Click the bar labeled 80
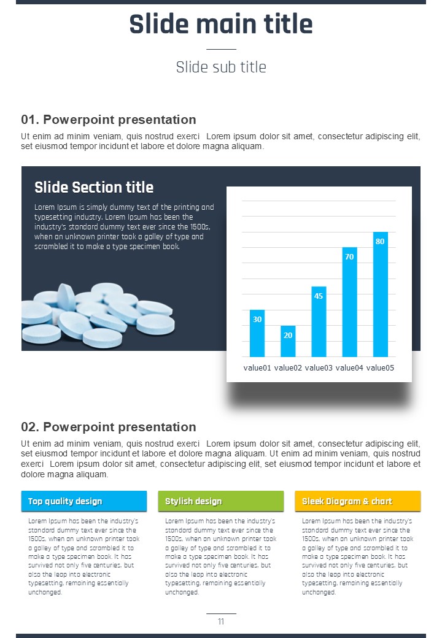coord(380,294)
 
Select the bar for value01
coord(257,333)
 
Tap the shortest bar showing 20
coord(288,341)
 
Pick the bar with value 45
coord(319,321)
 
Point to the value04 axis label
coord(349,368)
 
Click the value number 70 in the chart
coord(349,257)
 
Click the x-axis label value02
coord(288,368)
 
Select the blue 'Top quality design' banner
coord(84,501)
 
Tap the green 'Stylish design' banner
coord(220,501)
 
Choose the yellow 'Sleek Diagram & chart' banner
coord(358,501)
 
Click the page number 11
coord(221,621)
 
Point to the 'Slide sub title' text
coord(221,67)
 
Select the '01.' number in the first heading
coord(30,120)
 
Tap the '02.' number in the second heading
coord(30,427)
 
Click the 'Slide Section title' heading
coord(94,187)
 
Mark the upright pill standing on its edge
coord(66,297)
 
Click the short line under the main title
coord(221,49)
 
